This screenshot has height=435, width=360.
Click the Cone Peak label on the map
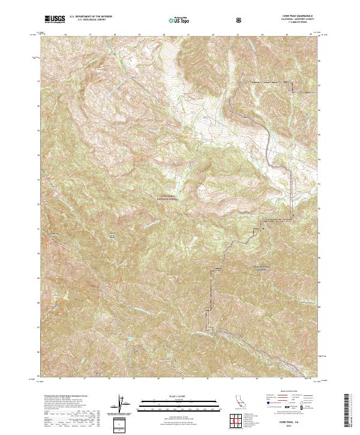click(112, 235)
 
